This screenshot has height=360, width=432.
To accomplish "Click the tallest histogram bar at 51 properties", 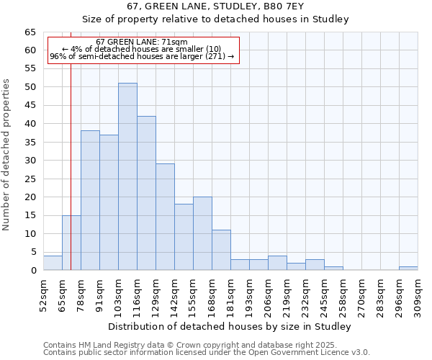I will pos(127,176).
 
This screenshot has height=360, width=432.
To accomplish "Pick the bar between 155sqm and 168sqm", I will pos(202,233).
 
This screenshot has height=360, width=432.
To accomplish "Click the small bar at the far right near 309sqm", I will pos(408,269).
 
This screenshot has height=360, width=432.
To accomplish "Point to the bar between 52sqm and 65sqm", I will pos(53,263).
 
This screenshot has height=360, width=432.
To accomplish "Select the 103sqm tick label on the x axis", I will pos(109,294).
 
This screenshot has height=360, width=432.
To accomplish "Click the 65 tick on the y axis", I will pos(30,32).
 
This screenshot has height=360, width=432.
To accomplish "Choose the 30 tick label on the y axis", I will pos(30,161).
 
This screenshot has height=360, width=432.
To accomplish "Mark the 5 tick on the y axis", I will pos(33,252).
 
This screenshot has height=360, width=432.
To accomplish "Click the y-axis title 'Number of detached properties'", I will pos(6,155).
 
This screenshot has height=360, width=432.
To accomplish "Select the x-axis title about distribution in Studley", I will pos(230,326).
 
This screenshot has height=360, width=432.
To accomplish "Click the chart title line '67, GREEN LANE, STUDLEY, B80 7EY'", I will pos(216,6).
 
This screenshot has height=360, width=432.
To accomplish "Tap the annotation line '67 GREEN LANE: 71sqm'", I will pos(142,42).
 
